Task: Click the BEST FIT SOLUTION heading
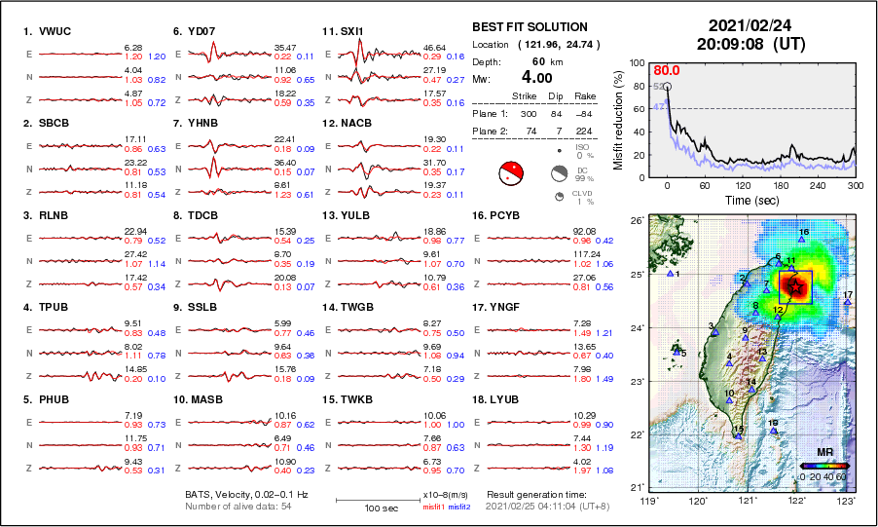[x=530, y=27]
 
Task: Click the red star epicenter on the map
[x=795, y=287]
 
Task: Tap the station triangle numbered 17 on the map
[x=848, y=303]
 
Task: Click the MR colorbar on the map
[x=823, y=466]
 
